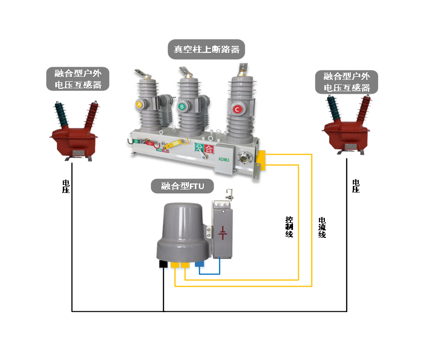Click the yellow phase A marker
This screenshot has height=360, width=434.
click(140, 104)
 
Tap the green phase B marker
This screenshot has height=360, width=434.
click(182, 106)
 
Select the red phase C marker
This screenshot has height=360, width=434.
click(237, 109)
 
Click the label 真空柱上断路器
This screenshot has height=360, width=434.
click(206, 49)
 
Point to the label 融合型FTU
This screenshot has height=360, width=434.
click(182, 186)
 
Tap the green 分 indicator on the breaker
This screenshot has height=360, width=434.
click(199, 148)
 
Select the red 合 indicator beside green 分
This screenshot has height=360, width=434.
click(209, 149)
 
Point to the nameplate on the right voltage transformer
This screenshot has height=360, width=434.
click(351, 147)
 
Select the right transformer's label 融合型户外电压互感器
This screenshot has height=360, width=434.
click(347, 82)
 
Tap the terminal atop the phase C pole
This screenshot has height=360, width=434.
click(242, 68)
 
